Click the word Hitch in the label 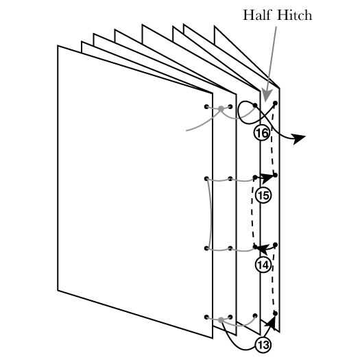click(x=295, y=15)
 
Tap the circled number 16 click(x=262, y=133)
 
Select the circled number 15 click(x=263, y=195)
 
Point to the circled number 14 click(x=263, y=265)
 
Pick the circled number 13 click(x=263, y=344)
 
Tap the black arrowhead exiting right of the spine click(x=299, y=139)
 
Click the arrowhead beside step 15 click(x=266, y=178)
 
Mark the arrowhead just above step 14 click(x=262, y=249)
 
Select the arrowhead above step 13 click(x=271, y=322)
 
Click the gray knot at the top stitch click(x=221, y=108)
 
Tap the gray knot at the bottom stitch click(x=221, y=320)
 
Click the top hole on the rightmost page click(x=275, y=103)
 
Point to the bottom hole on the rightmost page click(x=275, y=313)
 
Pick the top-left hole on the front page click(x=206, y=107)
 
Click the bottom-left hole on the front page click(x=206, y=317)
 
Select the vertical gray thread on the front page click(x=211, y=213)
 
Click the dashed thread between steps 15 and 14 click(x=252, y=213)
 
